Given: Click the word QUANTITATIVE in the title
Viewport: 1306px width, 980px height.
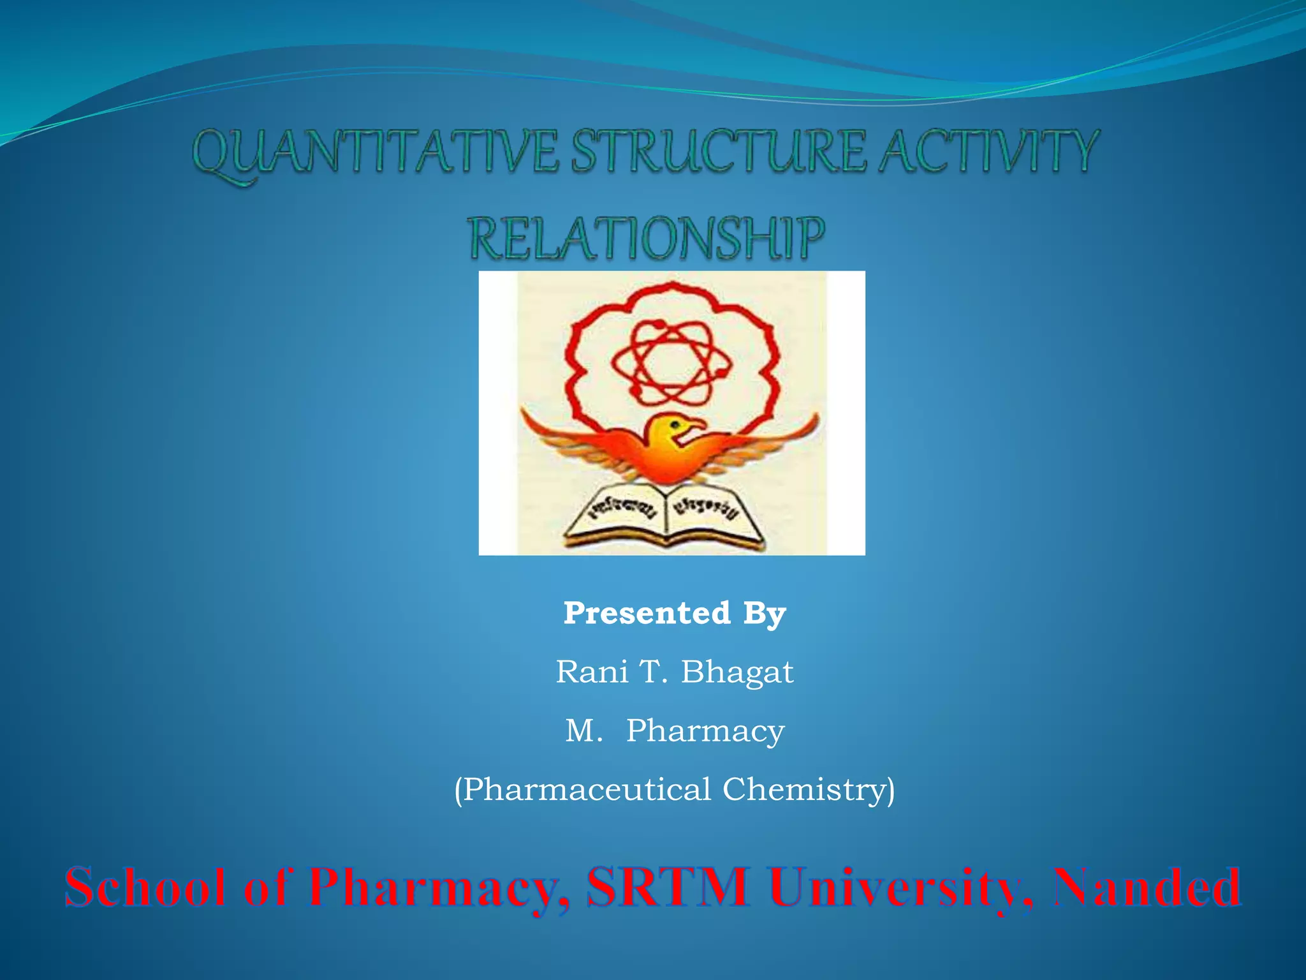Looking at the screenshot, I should tap(376, 153).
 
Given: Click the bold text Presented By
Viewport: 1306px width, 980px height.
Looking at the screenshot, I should tap(675, 614).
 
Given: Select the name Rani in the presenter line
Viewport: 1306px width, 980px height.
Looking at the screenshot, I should tap(592, 672).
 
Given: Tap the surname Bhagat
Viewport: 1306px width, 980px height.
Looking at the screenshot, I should tap(737, 672).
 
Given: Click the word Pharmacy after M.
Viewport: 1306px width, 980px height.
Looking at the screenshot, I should tap(705, 731).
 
